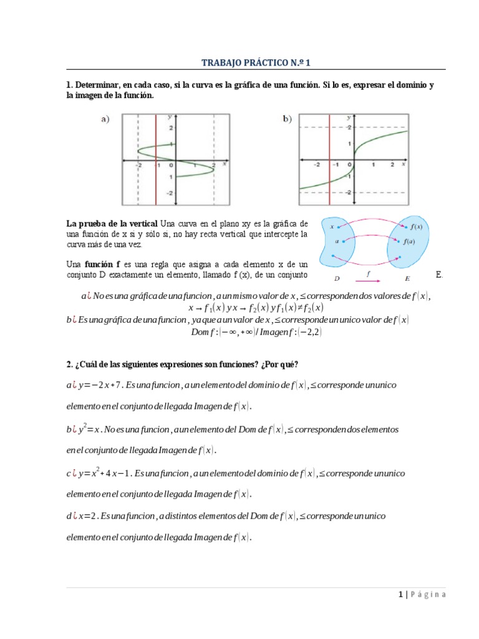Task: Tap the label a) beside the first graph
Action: (105, 120)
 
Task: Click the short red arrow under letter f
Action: (372, 281)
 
